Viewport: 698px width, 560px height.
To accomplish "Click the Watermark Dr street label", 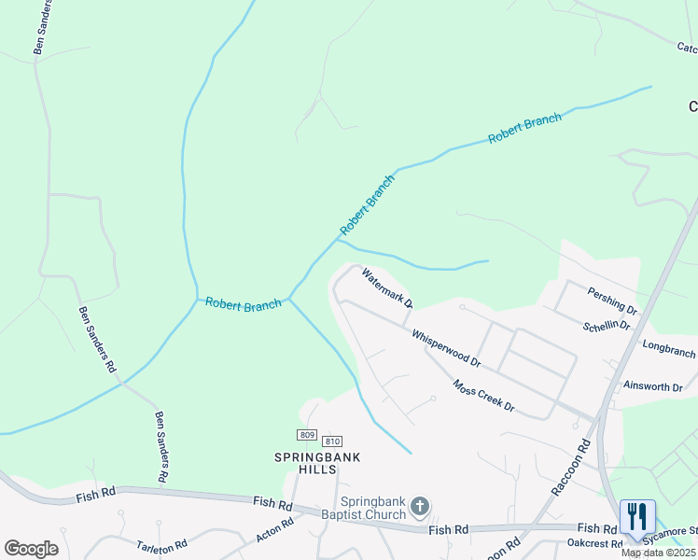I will point(387,288).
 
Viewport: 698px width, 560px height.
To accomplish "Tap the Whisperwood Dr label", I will point(446,347).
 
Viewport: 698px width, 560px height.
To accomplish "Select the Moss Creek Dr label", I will point(483,395).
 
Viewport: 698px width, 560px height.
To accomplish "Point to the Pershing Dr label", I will point(612,301).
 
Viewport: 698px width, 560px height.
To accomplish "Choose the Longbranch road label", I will point(669,348).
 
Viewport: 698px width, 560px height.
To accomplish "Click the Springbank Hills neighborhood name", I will point(316,463).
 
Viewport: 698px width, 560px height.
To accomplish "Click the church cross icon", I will point(420,507).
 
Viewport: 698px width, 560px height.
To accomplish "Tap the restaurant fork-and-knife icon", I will point(637,516).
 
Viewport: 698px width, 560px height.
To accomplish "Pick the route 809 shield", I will point(307,435).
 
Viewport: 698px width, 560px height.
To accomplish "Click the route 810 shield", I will point(332,441).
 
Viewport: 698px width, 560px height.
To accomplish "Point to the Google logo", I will point(31,548).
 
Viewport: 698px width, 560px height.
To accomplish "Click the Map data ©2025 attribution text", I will point(659,553).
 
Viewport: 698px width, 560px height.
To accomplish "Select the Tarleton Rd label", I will point(162,544).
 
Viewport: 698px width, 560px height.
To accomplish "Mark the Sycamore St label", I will point(677,530).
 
